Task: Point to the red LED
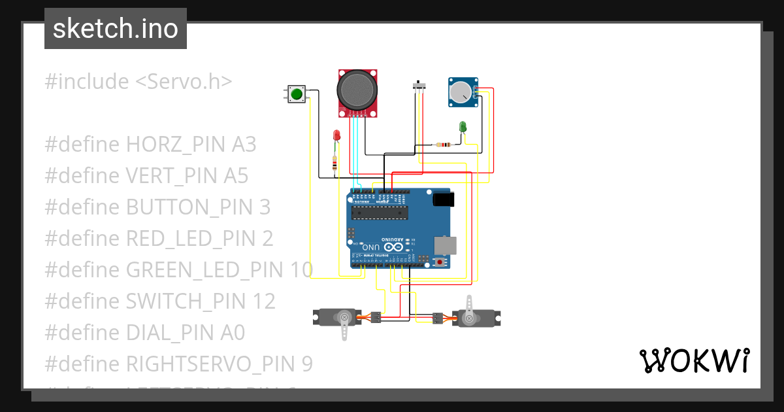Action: (336, 135)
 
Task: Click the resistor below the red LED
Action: (335, 163)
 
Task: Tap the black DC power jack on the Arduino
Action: (443, 198)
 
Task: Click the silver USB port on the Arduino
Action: (447, 245)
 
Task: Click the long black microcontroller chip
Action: (379, 212)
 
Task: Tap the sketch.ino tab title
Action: (116, 29)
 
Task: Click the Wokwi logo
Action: (694, 360)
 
